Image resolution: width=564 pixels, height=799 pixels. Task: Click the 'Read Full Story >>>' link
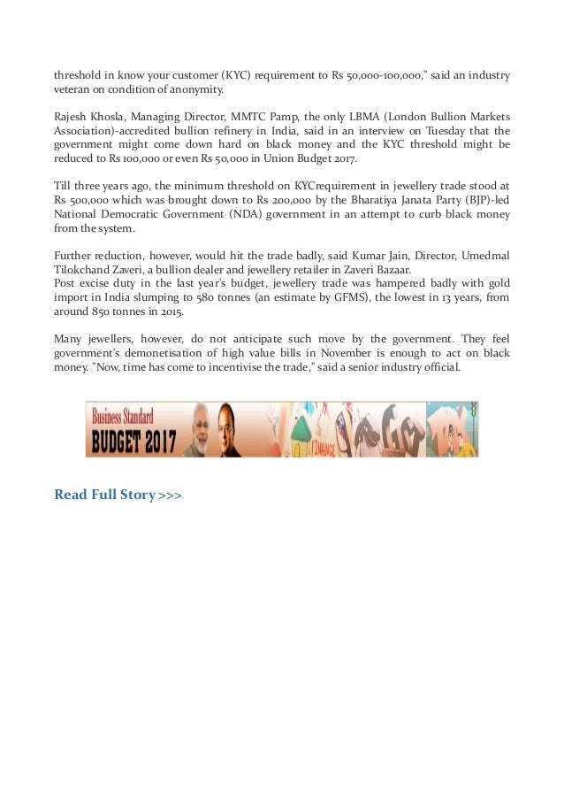point(118,494)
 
